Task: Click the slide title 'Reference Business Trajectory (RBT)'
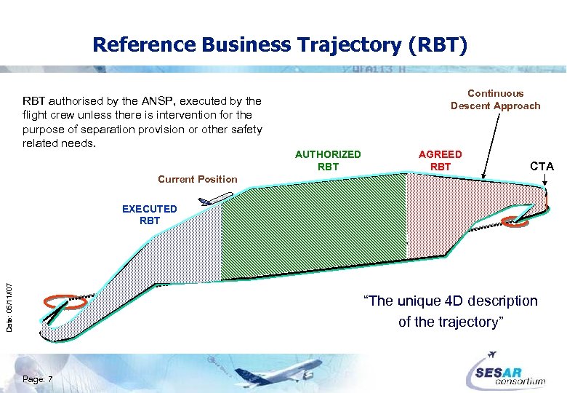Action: point(281,45)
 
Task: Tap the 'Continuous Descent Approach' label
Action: point(495,100)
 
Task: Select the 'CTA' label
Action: point(542,167)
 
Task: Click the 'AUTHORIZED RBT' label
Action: point(328,160)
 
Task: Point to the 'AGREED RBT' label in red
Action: point(440,160)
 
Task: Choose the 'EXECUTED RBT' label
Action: point(149,215)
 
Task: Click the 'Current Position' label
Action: point(197,179)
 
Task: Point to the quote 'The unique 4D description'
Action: point(450,301)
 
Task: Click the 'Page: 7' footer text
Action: point(43,379)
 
